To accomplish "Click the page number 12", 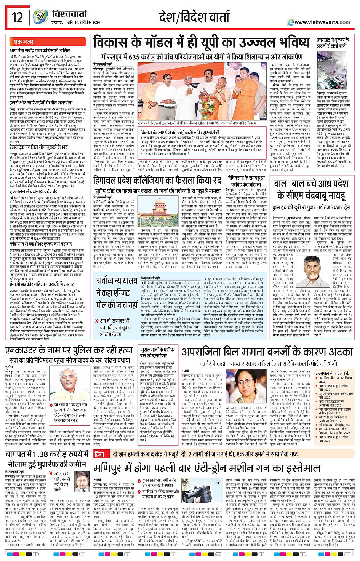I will tap(17, 17).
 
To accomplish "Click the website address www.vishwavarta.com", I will tap(322, 22).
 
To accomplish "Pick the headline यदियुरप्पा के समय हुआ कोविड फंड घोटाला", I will tap(246, 181).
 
